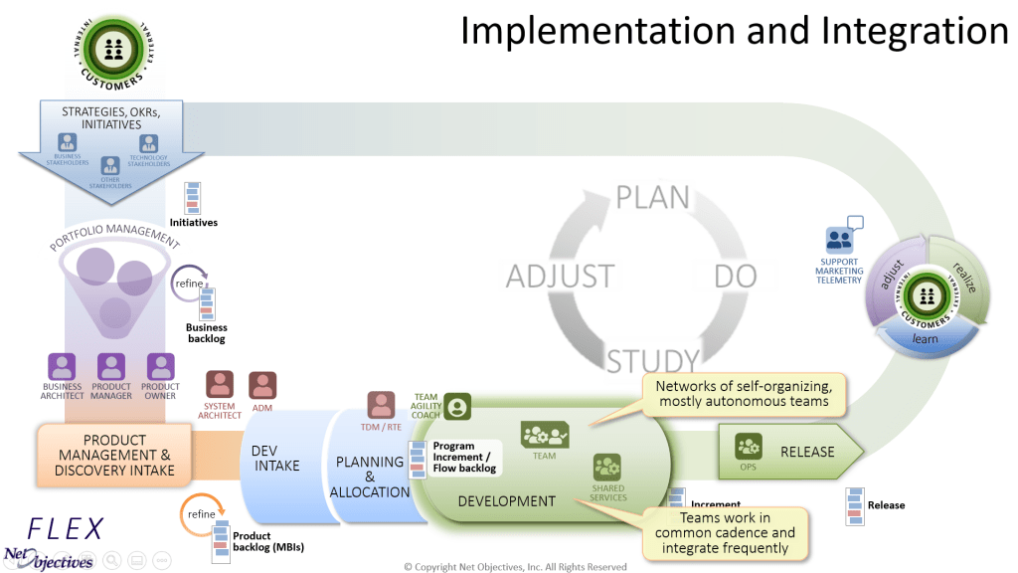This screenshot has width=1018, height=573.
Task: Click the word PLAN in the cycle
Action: (x=652, y=197)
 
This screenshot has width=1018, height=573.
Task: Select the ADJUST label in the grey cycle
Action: (x=560, y=276)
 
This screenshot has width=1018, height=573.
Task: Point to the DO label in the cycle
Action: (x=735, y=276)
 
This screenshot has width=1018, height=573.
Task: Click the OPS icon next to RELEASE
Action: (x=748, y=446)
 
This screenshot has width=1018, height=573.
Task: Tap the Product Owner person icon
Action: (x=160, y=366)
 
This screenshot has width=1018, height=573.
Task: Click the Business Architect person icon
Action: (x=63, y=366)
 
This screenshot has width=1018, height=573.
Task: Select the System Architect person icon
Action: (x=220, y=385)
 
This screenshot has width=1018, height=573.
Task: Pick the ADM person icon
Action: (x=262, y=385)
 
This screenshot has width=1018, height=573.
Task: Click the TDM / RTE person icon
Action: (x=381, y=405)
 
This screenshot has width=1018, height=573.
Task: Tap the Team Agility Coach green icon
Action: (x=457, y=407)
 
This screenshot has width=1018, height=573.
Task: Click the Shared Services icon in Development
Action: (x=606, y=468)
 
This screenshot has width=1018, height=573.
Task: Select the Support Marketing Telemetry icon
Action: (x=840, y=240)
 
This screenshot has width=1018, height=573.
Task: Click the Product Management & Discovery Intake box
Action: (x=114, y=455)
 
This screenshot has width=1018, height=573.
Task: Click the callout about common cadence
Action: (x=725, y=532)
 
